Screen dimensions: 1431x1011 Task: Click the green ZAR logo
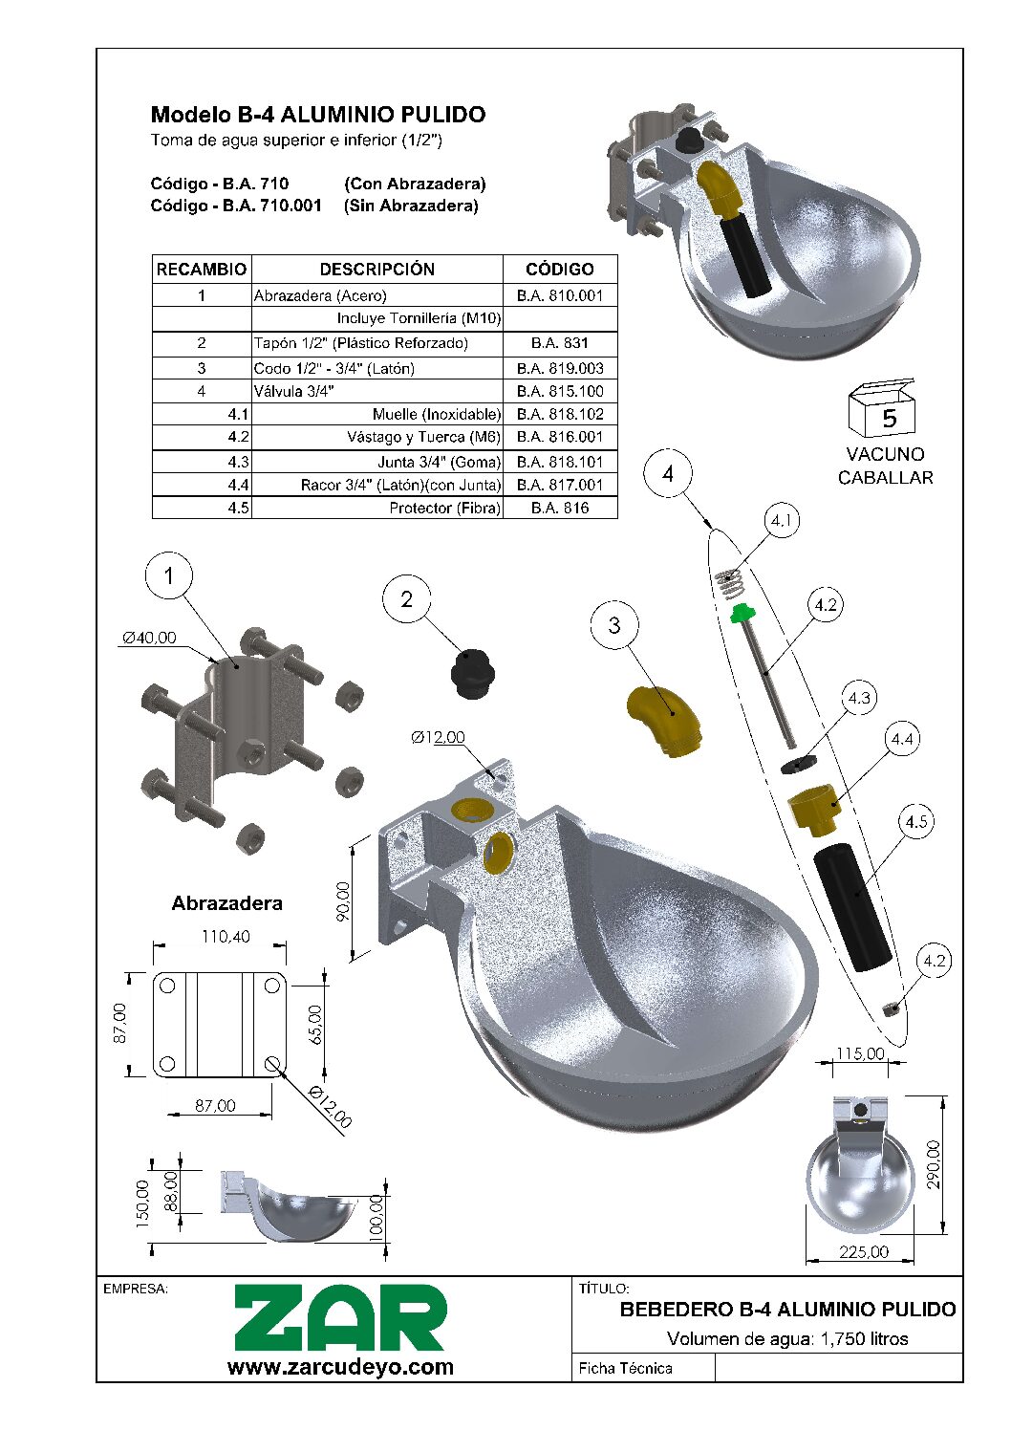coord(340,1318)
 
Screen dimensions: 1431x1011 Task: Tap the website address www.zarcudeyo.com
coord(340,1367)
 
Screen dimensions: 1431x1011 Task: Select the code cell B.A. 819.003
coord(560,368)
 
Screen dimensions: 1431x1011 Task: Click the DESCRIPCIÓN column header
coord(376,269)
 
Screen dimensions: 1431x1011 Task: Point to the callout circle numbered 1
coord(169,575)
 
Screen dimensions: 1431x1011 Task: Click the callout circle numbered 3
coord(613,625)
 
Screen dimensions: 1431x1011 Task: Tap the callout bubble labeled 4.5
coord(915,822)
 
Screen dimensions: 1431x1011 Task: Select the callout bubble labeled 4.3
coord(859,698)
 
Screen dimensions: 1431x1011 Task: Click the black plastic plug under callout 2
coord(471,674)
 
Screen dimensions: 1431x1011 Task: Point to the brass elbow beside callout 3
coord(664,722)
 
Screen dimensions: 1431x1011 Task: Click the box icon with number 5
coord(882,409)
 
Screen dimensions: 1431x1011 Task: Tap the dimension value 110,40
coord(226,937)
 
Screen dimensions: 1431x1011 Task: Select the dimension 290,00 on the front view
coord(933,1163)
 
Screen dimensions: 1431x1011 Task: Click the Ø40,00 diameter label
coord(149,638)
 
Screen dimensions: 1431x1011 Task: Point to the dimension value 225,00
coord(863,1251)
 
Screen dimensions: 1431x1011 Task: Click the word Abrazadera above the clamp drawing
coord(226,903)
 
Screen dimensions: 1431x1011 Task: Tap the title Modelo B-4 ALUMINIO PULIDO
coord(318,115)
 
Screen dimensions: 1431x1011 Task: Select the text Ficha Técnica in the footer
coord(625,1368)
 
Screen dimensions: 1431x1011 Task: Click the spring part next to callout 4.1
coord(730,579)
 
